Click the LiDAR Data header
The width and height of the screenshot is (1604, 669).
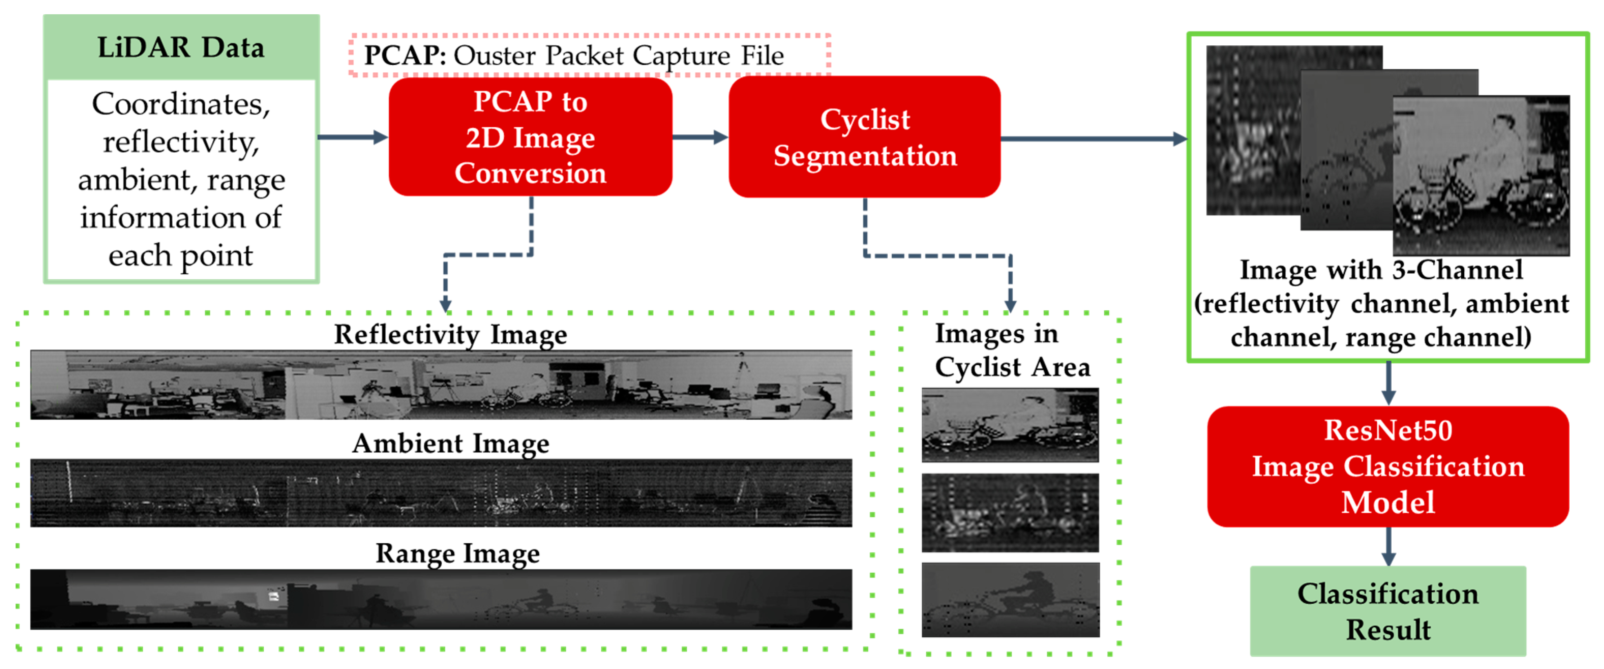[180, 48]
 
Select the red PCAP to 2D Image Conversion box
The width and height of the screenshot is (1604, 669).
[530, 137]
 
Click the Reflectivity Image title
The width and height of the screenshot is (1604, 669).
[450, 334]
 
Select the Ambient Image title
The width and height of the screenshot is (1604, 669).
[450, 443]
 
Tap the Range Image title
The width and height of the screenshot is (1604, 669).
[457, 553]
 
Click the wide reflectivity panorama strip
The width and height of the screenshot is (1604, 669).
[441, 384]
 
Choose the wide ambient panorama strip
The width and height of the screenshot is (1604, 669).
[441, 493]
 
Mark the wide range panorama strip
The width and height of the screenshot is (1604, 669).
[441, 599]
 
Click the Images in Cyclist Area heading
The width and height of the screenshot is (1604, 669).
[1012, 350]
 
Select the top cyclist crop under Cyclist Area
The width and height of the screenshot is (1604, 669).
[1010, 425]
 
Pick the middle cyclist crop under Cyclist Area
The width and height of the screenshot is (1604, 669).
[1010, 512]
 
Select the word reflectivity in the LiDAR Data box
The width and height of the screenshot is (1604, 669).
[180, 142]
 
